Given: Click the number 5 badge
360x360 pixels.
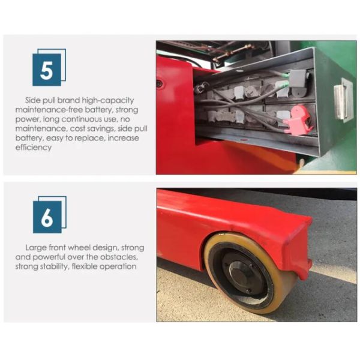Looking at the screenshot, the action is [49, 67].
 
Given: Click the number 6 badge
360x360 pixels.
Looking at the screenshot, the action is [50, 215].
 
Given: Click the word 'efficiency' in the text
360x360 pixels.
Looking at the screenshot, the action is [34, 148].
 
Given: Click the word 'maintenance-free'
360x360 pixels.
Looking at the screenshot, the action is [49, 110].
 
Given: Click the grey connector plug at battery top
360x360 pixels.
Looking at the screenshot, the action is [298, 79].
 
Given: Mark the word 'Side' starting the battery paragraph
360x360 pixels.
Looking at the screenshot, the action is [33, 100].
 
